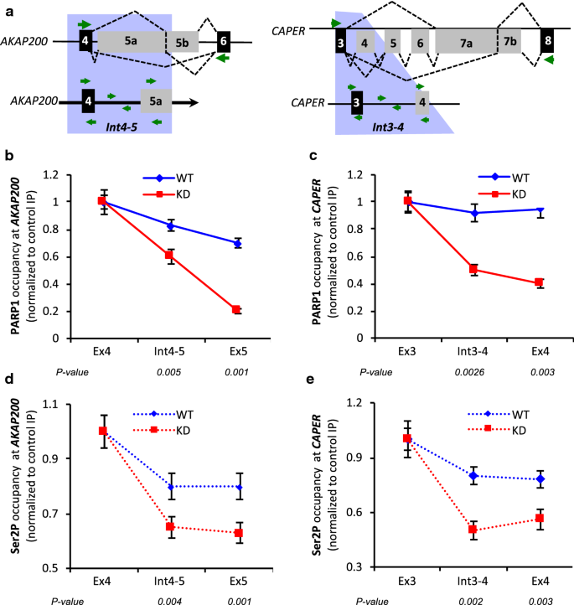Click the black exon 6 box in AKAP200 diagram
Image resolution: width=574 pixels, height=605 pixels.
point(223,41)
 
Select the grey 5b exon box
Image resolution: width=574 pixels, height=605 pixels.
point(182,41)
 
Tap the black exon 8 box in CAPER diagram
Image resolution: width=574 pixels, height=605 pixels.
point(546,40)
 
